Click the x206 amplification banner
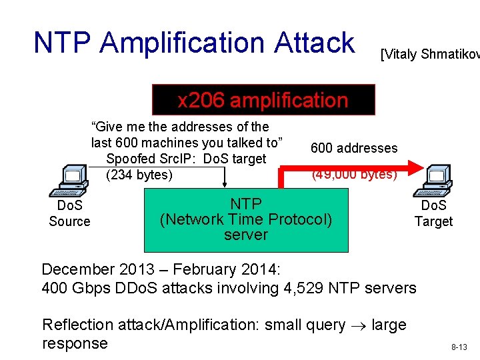pyautogui.click(x=263, y=100)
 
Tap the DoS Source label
pyautogui.click(x=69, y=213)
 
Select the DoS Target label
pyautogui.click(x=433, y=213)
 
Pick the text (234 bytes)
pyautogui.click(x=139, y=175)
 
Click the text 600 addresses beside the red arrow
pyautogui.click(x=353, y=148)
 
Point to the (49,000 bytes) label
pyautogui.click(x=354, y=175)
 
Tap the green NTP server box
pyautogui.click(x=246, y=219)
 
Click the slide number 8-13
pyautogui.click(x=459, y=347)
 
